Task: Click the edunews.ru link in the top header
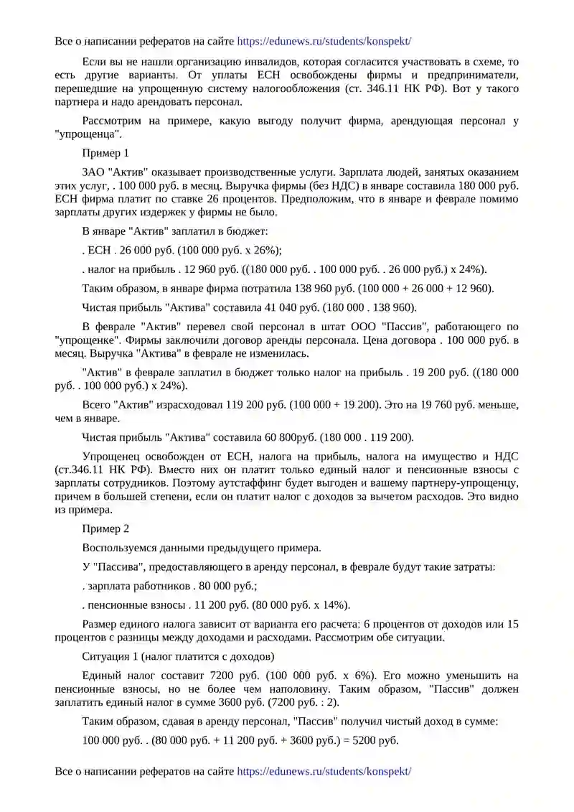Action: [x=324, y=42]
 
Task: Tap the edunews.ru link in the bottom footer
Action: [x=324, y=771]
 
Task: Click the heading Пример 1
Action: [x=105, y=153]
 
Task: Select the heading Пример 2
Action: [x=105, y=528]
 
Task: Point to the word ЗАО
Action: [x=94, y=172]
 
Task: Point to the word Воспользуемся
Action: [x=121, y=548]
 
